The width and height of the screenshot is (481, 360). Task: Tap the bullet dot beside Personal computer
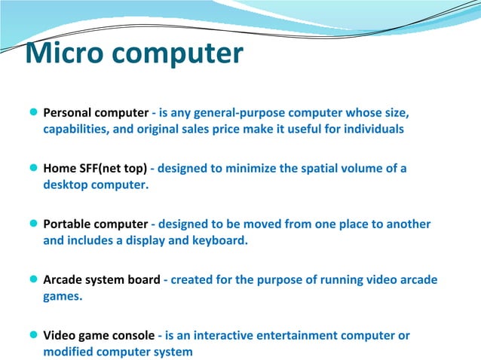click(33, 113)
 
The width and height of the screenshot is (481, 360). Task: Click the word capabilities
click(78, 129)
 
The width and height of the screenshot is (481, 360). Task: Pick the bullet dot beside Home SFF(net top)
click(33, 169)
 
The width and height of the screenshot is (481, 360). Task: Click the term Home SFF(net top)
click(95, 169)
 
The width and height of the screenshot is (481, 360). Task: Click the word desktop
click(66, 185)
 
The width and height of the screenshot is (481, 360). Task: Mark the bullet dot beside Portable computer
click(33, 224)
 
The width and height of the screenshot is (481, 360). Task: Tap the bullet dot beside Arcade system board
click(33, 280)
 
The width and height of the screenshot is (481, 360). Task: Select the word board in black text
click(143, 280)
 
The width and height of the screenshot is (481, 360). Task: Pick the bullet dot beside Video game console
click(33, 336)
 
